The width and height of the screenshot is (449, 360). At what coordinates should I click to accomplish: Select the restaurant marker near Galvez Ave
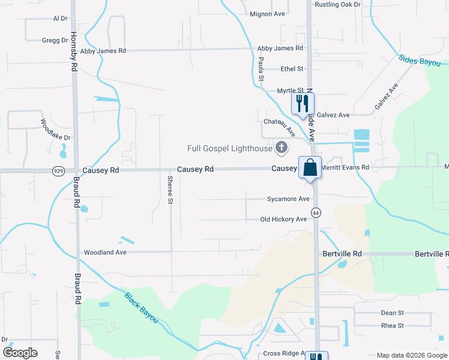click(x=302, y=103)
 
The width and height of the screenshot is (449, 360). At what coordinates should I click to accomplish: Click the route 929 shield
click(x=59, y=170)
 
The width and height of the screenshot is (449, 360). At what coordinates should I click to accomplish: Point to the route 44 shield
click(x=315, y=213)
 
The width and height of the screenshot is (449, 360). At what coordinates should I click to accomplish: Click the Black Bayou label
click(x=141, y=308)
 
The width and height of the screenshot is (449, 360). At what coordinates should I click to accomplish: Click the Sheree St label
click(x=170, y=190)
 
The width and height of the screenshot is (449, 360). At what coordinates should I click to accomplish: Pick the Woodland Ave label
click(x=105, y=253)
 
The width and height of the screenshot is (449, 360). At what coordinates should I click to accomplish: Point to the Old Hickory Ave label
click(x=283, y=220)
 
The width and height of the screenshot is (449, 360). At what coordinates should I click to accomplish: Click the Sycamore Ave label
click(x=288, y=199)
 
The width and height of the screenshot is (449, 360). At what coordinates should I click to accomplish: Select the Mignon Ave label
click(x=267, y=14)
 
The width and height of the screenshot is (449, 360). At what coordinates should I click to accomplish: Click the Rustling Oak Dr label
click(x=337, y=4)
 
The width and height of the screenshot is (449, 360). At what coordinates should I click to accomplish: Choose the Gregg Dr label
click(x=55, y=40)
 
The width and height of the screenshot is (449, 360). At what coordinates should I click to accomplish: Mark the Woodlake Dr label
click(x=56, y=130)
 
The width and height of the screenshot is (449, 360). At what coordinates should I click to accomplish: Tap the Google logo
click(x=20, y=353)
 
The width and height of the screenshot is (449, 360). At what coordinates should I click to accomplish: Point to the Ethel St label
click(x=292, y=69)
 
